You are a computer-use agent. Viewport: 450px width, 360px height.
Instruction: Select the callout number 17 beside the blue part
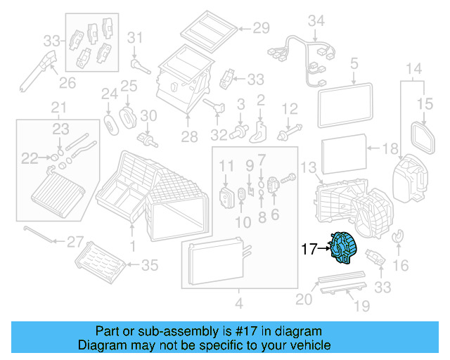309,247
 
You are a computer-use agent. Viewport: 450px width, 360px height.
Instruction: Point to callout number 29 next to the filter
262,28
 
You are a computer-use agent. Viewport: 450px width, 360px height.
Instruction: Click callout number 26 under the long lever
66,84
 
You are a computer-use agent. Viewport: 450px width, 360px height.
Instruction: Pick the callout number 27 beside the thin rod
75,242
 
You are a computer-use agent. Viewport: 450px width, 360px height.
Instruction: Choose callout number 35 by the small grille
150,265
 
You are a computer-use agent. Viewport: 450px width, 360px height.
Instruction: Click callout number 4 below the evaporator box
238,304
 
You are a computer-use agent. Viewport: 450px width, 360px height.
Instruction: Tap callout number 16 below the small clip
401,265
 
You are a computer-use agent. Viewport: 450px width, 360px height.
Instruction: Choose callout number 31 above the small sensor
135,37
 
